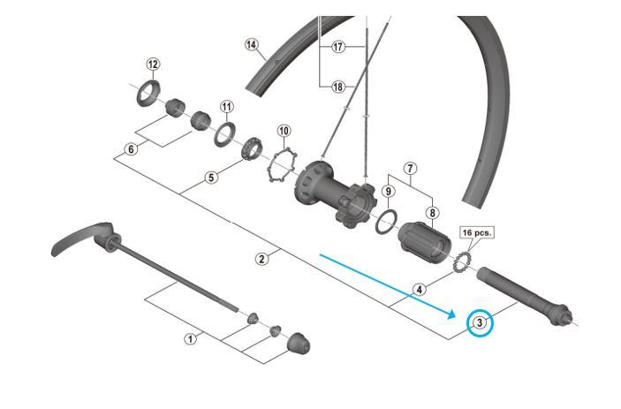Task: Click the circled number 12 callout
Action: pyautogui.click(x=154, y=64)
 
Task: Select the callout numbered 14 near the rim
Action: pyautogui.click(x=252, y=44)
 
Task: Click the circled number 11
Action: pyautogui.click(x=227, y=106)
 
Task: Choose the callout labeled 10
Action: pyautogui.click(x=283, y=131)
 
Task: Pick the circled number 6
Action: pyautogui.click(x=132, y=149)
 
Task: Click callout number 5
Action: pyautogui.click(x=210, y=178)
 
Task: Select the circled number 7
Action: pyautogui.click(x=410, y=168)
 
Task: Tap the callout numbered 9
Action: pyautogui.click(x=387, y=191)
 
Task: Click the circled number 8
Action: pyautogui.click(x=432, y=212)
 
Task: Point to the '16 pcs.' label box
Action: pyautogui.click(x=476, y=233)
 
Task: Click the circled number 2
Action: pyautogui.click(x=261, y=259)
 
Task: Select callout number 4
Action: pyautogui.click(x=420, y=288)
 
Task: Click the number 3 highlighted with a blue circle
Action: pyautogui.click(x=480, y=322)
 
